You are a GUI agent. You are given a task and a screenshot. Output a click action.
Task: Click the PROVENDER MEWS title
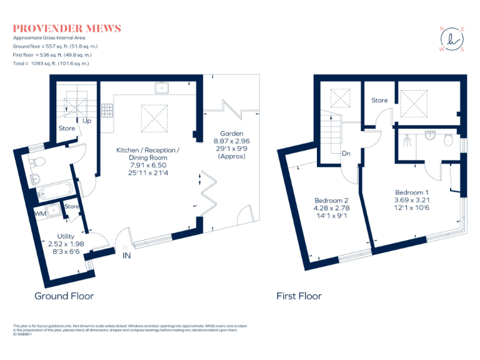coord(67,29)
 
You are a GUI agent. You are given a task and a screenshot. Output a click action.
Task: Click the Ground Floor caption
coord(64,296)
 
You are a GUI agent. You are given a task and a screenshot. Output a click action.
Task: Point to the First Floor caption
coord(299,296)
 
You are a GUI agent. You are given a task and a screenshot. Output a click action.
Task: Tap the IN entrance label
coord(127,256)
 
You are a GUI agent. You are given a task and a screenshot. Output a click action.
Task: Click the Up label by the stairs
coord(86,121)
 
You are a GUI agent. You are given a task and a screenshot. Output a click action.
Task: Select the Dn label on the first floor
coord(345,152)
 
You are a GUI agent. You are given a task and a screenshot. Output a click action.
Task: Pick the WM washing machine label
coord(40,214)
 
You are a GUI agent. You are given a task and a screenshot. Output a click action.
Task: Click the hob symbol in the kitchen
coord(107,111)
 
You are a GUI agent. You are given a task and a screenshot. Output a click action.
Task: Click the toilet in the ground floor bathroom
coord(37,162)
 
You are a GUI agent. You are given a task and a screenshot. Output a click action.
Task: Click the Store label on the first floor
coord(379,100)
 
